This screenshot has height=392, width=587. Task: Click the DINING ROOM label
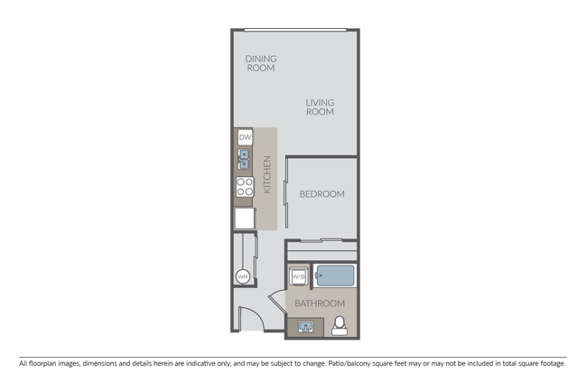(261, 63)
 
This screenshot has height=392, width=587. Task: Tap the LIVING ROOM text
(320, 107)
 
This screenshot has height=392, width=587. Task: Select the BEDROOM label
(321, 193)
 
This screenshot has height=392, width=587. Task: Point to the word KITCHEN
(267, 174)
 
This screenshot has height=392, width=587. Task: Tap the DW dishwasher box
(245, 137)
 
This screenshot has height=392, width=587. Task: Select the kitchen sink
(245, 162)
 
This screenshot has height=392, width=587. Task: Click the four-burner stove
(245, 188)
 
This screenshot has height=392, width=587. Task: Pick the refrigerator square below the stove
(245, 218)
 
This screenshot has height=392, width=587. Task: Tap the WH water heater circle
(243, 276)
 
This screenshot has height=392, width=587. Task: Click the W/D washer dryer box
(298, 275)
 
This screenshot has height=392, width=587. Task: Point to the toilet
(340, 326)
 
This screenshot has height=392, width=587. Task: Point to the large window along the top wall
(293, 28)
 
